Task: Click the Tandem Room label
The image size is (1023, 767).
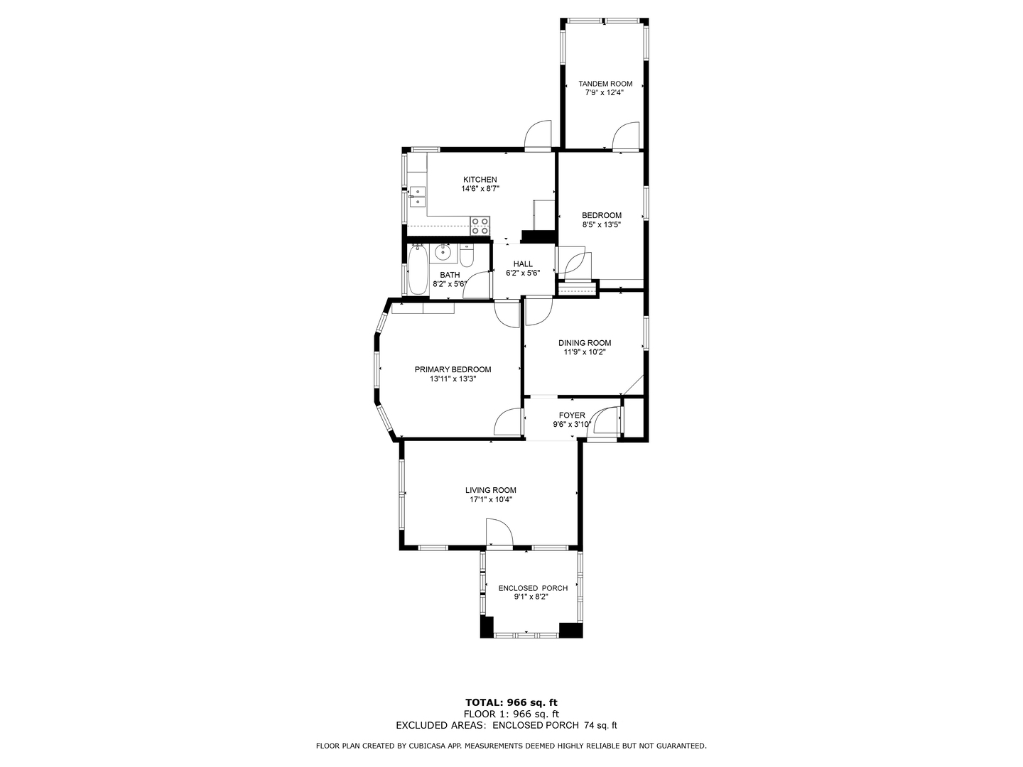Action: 605,84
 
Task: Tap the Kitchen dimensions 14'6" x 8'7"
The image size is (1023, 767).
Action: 480,189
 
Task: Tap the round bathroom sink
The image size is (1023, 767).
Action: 443,253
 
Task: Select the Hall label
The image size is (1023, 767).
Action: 523,264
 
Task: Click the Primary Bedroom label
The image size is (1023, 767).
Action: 453,369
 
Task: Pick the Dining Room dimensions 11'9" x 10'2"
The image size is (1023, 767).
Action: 585,352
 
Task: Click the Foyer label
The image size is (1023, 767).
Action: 572,415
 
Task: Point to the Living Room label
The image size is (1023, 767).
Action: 490,490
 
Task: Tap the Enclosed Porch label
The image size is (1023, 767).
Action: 533,588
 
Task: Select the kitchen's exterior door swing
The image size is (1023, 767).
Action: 538,135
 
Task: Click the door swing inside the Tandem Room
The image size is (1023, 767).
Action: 625,136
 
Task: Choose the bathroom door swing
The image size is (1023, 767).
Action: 476,285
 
